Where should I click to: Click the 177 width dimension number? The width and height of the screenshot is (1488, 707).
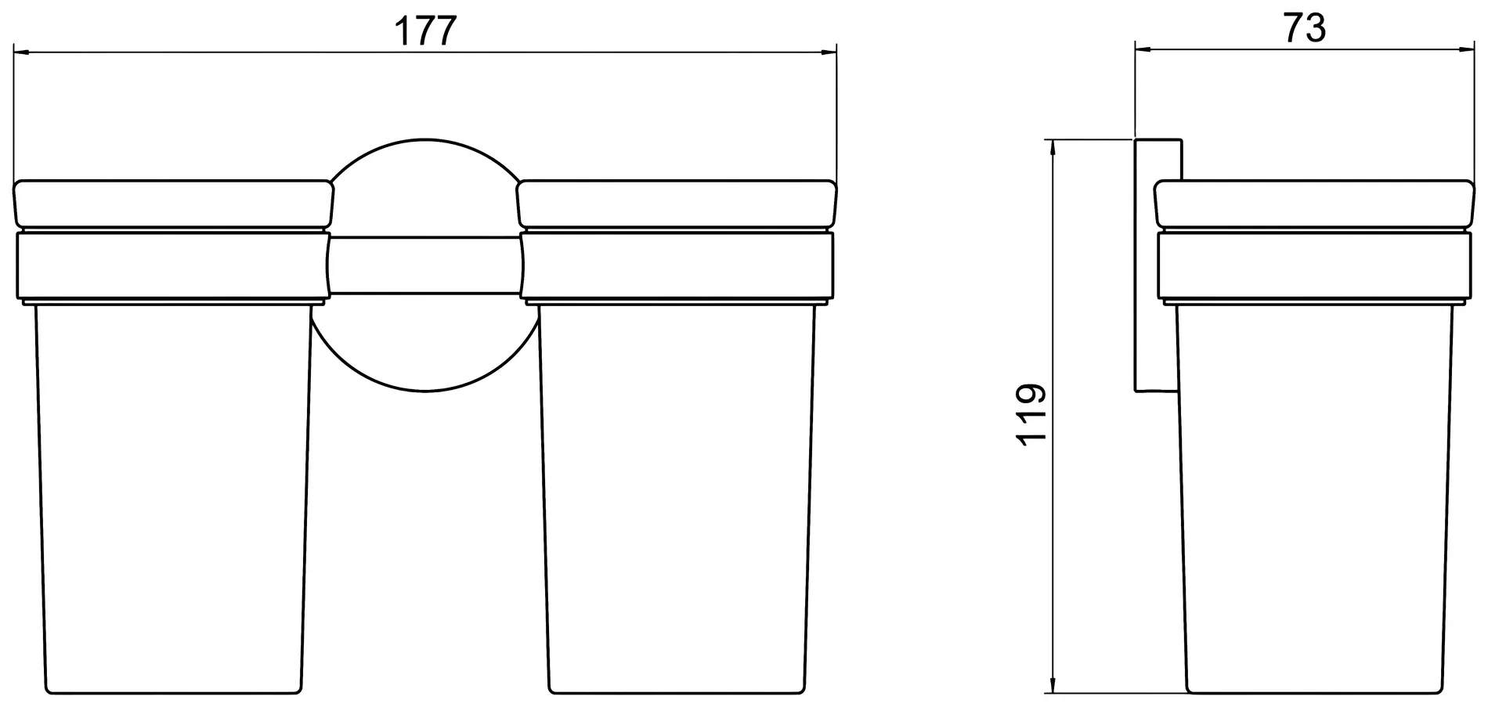click(x=425, y=32)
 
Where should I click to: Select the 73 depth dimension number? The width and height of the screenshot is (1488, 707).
click(x=1304, y=29)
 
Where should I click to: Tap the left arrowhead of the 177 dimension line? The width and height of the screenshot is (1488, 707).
click(x=23, y=53)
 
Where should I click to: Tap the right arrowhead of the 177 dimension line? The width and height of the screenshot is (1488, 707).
click(x=829, y=53)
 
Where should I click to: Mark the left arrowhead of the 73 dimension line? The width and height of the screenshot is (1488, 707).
click(x=1143, y=49)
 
